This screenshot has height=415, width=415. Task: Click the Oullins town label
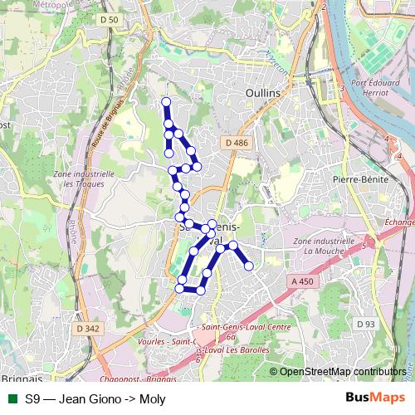click(263, 94)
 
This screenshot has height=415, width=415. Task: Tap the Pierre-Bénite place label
click(355, 178)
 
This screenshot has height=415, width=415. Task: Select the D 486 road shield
click(236, 144)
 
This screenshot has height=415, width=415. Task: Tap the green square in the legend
click(11, 398)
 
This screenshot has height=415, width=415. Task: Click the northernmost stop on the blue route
click(165, 102)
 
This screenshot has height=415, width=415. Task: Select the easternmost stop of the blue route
click(248, 266)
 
